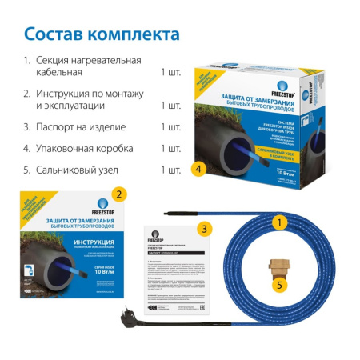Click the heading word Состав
point(54,35)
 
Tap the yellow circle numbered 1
point(279,222)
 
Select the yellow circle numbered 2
point(119,193)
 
